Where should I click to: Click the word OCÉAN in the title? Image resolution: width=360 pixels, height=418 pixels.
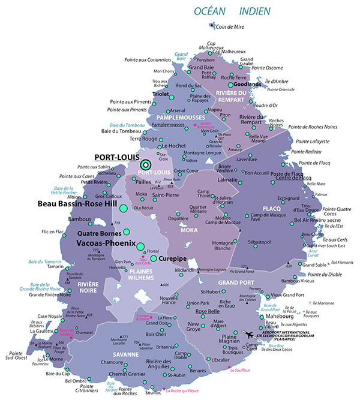[211, 11]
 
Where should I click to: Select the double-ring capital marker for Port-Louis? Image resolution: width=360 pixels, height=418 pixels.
[145, 164]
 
